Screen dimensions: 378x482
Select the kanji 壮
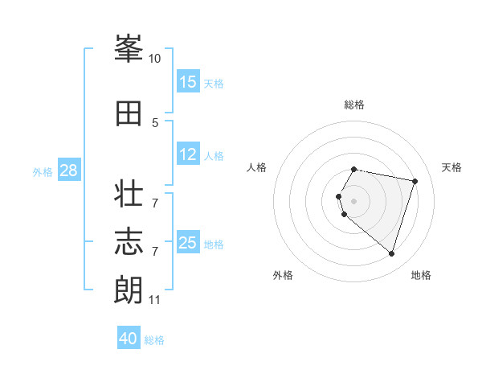click(x=129, y=195)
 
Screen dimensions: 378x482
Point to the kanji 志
click(x=129, y=241)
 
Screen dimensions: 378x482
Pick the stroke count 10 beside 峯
click(x=154, y=59)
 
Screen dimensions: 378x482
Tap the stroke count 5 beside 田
click(x=155, y=123)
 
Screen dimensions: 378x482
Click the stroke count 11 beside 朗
click(x=154, y=300)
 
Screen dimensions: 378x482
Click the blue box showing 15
click(x=188, y=82)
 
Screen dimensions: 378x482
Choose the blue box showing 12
click(x=188, y=154)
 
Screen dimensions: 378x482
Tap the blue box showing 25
click(x=188, y=243)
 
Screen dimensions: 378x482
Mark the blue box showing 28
click(x=68, y=171)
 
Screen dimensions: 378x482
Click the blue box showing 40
click(x=129, y=339)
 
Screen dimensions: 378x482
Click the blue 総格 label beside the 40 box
click(x=154, y=340)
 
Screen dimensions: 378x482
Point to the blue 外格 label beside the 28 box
click(x=42, y=171)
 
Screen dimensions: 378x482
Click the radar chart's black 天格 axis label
click(x=451, y=167)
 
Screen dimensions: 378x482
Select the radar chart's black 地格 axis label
click(x=421, y=275)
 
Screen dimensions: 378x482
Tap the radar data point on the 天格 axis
click(x=415, y=181)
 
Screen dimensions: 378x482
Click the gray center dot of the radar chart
click(x=353, y=200)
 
